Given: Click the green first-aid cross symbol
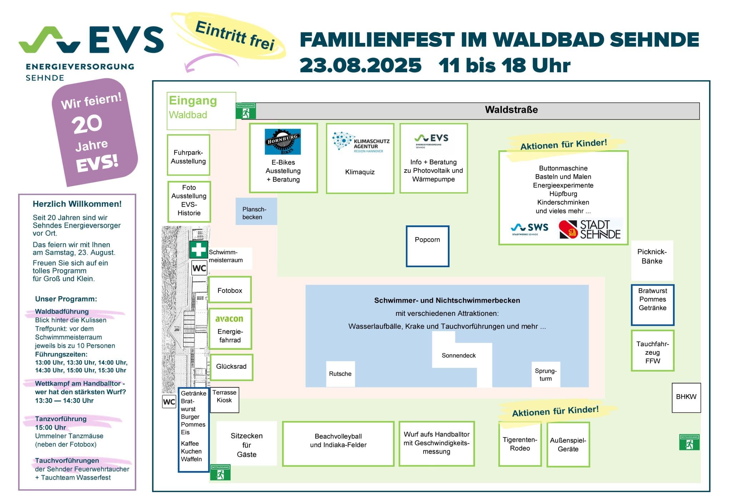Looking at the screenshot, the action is [x=198, y=249].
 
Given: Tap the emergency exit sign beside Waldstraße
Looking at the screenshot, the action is [x=246, y=111].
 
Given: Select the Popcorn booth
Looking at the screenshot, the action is [x=427, y=246].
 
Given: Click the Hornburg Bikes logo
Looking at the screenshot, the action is [x=283, y=142].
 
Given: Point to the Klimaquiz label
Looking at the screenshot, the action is [x=360, y=172].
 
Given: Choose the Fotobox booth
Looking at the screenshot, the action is [x=230, y=290].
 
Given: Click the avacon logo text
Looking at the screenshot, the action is [x=229, y=318].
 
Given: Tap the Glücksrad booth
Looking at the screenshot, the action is [x=231, y=367].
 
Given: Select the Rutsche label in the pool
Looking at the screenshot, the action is [x=340, y=374].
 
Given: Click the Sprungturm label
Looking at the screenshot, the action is [x=545, y=375].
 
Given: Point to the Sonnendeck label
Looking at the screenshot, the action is [x=459, y=356].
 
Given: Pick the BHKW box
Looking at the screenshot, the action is [x=686, y=397].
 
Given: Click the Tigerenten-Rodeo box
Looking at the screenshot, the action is [x=520, y=444].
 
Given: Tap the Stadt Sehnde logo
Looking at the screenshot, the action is [x=590, y=229].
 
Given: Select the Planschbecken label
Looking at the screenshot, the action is [x=254, y=213].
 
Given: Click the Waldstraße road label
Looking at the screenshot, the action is [x=511, y=110].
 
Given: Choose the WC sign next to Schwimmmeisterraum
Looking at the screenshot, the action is [x=199, y=268].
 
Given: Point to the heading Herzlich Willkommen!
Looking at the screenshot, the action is [x=77, y=204].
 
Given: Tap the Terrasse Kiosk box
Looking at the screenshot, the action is [x=224, y=400].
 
